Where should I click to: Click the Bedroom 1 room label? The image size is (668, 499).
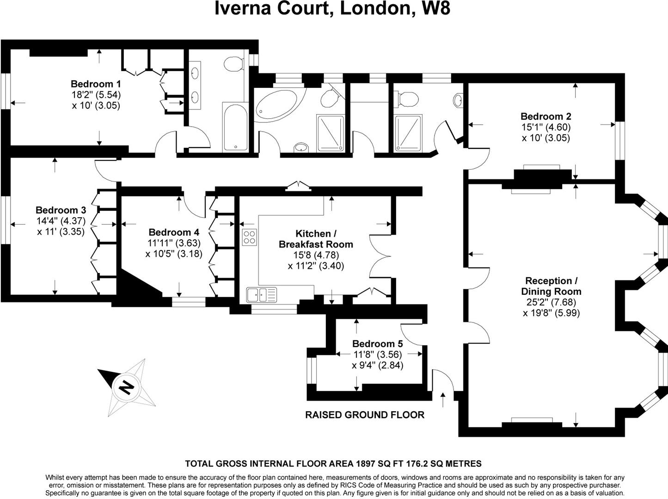point(96,84)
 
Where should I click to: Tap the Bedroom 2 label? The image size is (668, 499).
point(545,116)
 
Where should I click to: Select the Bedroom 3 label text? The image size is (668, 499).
point(61,210)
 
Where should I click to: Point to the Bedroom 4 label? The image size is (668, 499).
point(174,232)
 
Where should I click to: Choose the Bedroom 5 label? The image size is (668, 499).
point(377,344)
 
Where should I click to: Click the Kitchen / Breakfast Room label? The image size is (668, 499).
point(316,239)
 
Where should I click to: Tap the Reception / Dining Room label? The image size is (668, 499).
point(551,286)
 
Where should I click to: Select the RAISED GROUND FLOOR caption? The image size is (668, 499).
point(365,415)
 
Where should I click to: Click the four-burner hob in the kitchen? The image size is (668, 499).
point(250,237)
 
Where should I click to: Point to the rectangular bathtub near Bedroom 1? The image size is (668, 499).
point(235,127)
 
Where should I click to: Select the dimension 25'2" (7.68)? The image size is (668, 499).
point(551,302)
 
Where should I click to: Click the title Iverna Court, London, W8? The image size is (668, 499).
point(332,8)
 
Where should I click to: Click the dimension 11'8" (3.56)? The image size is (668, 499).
point(377,354)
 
